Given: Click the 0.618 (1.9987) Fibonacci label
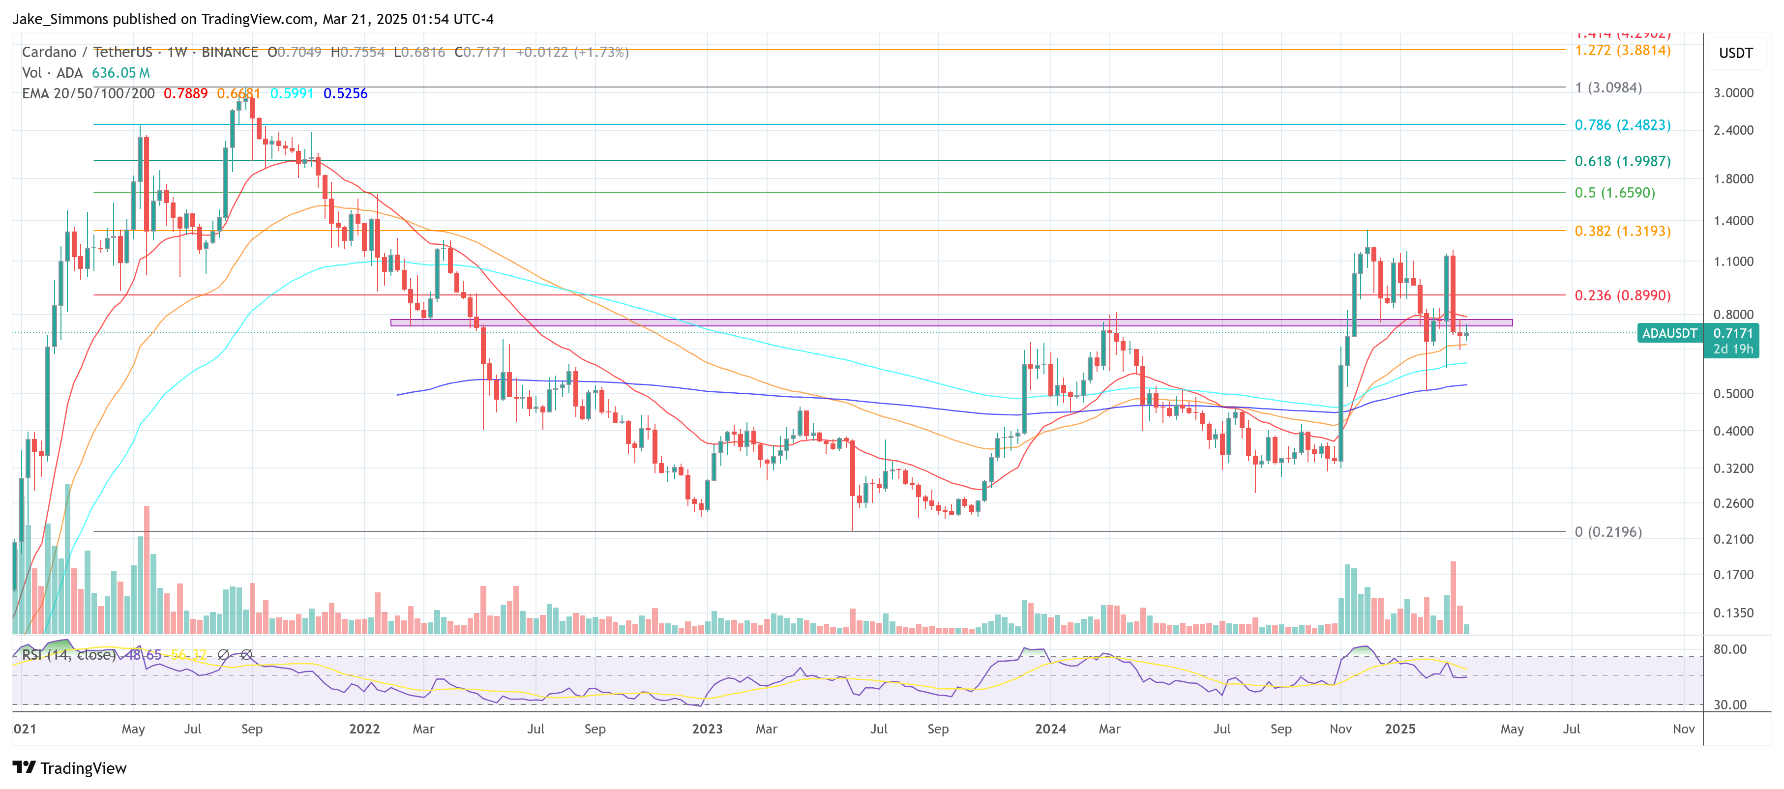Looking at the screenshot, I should click(x=1622, y=161).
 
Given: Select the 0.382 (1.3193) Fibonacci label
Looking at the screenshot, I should click(x=1622, y=231).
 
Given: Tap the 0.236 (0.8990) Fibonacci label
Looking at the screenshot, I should click(x=1622, y=295).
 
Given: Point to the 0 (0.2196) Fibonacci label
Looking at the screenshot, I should click(x=1607, y=532).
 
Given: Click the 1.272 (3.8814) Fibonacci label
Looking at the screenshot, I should click(x=1622, y=51).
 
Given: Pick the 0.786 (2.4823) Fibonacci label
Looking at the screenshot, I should click(x=1622, y=125).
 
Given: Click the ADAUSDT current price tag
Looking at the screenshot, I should click(x=1669, y=334).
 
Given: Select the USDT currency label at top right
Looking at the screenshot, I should click(x=1735, y=53).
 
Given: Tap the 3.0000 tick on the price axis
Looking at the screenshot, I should click(x=1733, y=93).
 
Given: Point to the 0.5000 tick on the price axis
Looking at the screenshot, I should click(x=1733, y=394).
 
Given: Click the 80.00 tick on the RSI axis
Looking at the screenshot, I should click(x=1729, y=649).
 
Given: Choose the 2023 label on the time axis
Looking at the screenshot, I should click(x=707, y=729).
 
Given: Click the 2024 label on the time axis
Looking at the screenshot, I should click(x=1050, y=729).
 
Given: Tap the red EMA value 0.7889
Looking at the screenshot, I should click(x=185, y=93).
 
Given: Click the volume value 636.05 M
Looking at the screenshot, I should click(x=120, y=73).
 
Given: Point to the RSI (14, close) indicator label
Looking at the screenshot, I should click(x=68, y=655).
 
